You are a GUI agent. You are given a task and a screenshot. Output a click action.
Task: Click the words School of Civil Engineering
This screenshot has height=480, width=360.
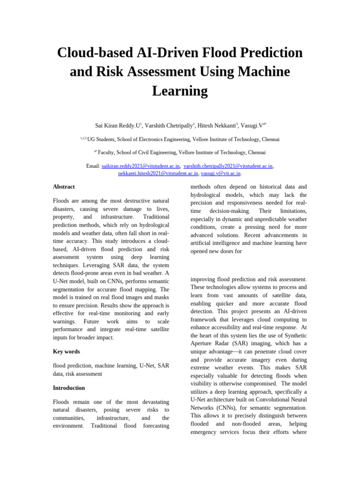coord(147,152)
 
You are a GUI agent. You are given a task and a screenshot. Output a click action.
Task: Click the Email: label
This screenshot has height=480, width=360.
coord(93,166)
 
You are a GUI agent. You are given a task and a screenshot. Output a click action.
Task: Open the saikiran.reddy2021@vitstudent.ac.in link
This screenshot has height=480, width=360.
coord(141,166)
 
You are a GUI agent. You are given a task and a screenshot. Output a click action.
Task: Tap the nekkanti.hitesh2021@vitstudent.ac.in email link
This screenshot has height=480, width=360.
coord(158,173)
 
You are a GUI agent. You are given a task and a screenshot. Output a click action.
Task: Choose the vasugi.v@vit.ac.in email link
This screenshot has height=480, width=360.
coord(220,173)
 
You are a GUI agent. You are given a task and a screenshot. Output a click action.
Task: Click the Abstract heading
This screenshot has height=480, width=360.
coord(64,187)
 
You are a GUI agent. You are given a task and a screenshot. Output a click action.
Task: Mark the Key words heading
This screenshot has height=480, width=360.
coord(66,352)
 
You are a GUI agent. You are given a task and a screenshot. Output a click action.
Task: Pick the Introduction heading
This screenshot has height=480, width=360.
coord(69,388)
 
